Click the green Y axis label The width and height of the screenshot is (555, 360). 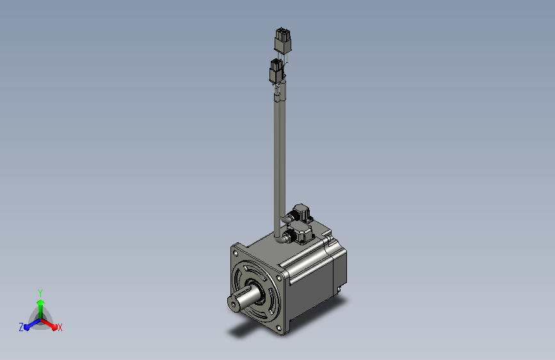[x=40, y=293]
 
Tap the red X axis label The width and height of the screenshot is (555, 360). [x=60, y=328]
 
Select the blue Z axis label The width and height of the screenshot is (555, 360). [x=21, y=327]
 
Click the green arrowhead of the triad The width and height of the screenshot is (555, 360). [x=40, y=303]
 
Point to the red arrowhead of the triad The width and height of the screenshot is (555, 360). [x=54, y=327]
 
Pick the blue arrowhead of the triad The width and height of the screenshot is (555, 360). [x=27, y=327]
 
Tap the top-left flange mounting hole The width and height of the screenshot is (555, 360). [x=236, y=252]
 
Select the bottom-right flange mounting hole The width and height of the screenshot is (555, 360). [x=278, y=328]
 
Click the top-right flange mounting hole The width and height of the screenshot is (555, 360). [x=279, y=278]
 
